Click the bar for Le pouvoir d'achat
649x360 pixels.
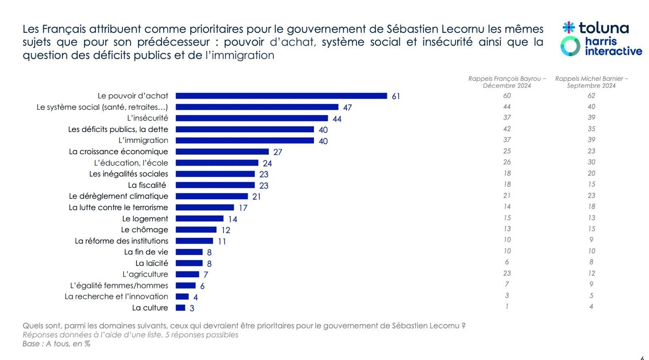click(281, 96)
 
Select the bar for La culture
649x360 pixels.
click(181, 308)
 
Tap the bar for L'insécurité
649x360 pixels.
click(251, 118)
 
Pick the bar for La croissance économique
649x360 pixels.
click(222, 151)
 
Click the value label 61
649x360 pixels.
click(396, 96)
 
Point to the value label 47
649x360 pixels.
click(347, 108)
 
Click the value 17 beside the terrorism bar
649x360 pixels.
click(243, 208)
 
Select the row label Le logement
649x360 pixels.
click(145, 218)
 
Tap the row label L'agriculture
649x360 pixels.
click(145, 274)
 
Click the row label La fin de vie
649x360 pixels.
click(146, 252)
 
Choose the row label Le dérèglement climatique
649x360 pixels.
click(118, 196)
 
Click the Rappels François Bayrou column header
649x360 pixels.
click(507, 82)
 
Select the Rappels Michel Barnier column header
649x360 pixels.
click(591, 82)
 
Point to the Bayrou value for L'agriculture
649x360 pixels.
click(507, 273)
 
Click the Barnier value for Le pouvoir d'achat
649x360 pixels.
click(591, 96)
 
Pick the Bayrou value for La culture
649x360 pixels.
click(507, 306)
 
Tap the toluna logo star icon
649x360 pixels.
click(569, 28)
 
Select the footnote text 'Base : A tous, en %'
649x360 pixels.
click(56, 344)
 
